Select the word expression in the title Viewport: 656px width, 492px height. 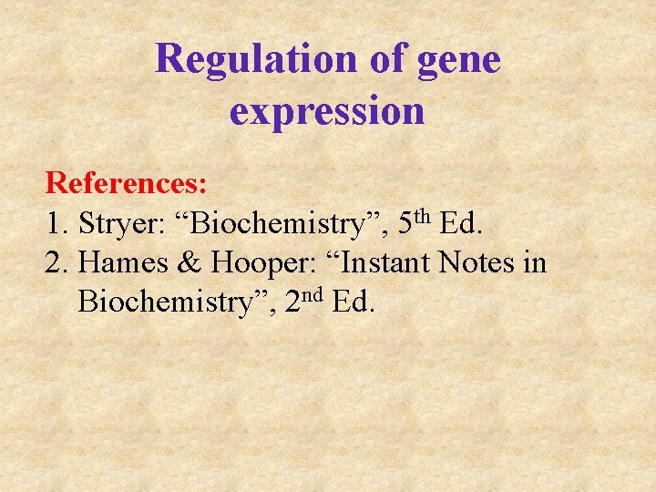pyautogui.click(x=327, y=111)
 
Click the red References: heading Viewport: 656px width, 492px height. pyautogui.click(x=127, y=183)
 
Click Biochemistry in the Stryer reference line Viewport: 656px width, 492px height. pyautogui.click(x=272, y=224)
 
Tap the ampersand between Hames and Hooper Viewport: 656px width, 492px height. pyautogui.click(x=189, y=263)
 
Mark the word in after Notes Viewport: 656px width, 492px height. pyautogui.click(x=535, y=263)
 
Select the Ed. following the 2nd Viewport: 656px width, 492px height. pyautogui.click(x=354, y=302)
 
